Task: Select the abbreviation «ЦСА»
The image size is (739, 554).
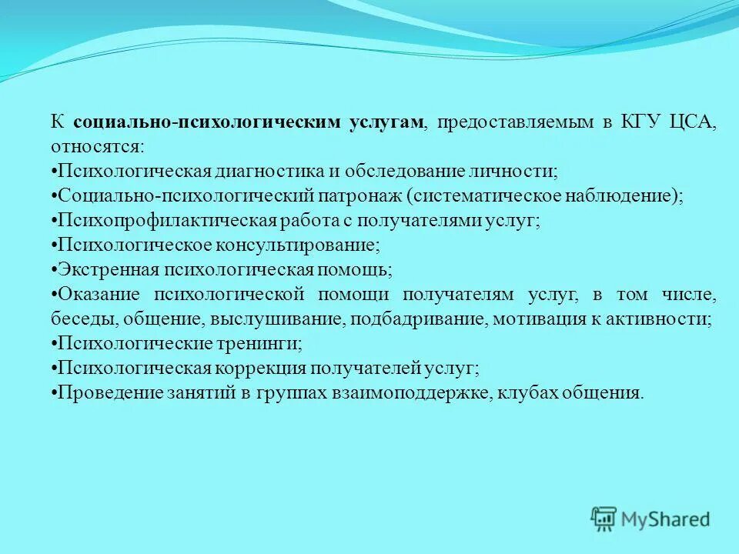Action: tap(697, 122)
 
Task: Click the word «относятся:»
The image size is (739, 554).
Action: tap(97, 147)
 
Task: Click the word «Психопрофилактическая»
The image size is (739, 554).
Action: tap(167, 220)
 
